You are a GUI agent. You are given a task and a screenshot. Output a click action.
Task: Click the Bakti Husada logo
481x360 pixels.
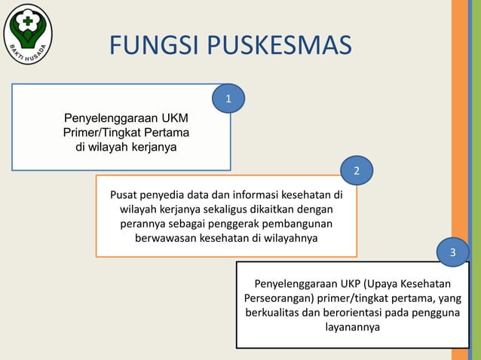[x=28, y=34]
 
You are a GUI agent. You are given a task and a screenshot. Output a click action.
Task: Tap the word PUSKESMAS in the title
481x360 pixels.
[x=278, y=45]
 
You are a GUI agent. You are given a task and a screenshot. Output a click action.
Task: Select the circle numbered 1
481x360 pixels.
[x=228, y=99]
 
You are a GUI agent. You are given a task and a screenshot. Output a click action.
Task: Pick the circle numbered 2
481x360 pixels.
[x=357, y=172]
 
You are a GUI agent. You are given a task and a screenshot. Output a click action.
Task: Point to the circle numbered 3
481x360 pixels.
[x=452, y=252]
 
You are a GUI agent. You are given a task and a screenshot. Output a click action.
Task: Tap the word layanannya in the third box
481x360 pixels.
[x=352, y=328]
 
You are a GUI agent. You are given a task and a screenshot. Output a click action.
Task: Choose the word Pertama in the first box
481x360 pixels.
[x=166, y=133]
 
